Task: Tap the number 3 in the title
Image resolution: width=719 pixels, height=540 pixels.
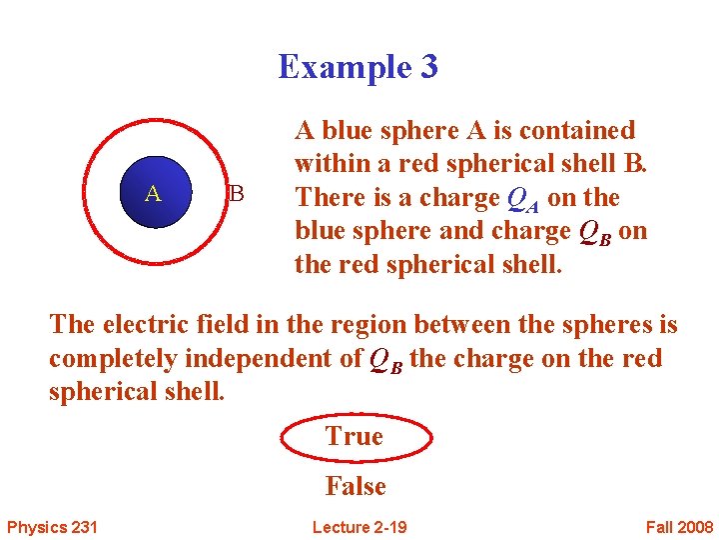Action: pos(427,67)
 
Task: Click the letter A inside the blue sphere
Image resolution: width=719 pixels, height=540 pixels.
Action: pos(152,193)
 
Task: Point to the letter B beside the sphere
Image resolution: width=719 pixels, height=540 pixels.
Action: pos(237,193)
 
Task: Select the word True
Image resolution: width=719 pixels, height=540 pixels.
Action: pos(355,437)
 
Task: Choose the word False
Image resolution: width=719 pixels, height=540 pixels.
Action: pos(356,487)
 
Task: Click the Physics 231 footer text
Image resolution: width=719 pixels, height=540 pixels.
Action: pos(51,527)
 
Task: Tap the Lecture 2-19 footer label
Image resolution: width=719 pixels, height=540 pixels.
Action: pos(359,527)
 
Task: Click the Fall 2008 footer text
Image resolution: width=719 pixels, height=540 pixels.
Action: pos(679,527)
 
